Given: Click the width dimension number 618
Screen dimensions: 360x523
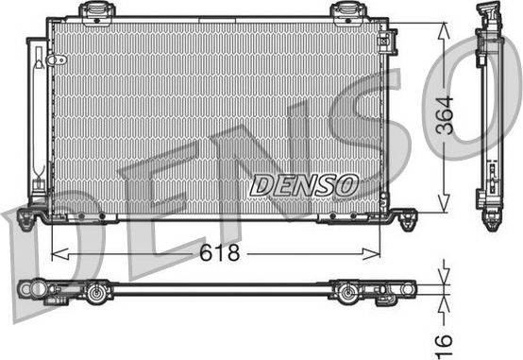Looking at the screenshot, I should pyautogui.click(x=221, y=253).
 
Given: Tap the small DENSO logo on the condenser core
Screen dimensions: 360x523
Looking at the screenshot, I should pyautogui.click(x=303, y=185).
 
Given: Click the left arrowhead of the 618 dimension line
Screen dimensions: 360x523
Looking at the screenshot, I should pyautogui.click(x=55, y=253).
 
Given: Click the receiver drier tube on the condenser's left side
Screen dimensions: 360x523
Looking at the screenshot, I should pyautogui.click(x=37, y=123).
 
